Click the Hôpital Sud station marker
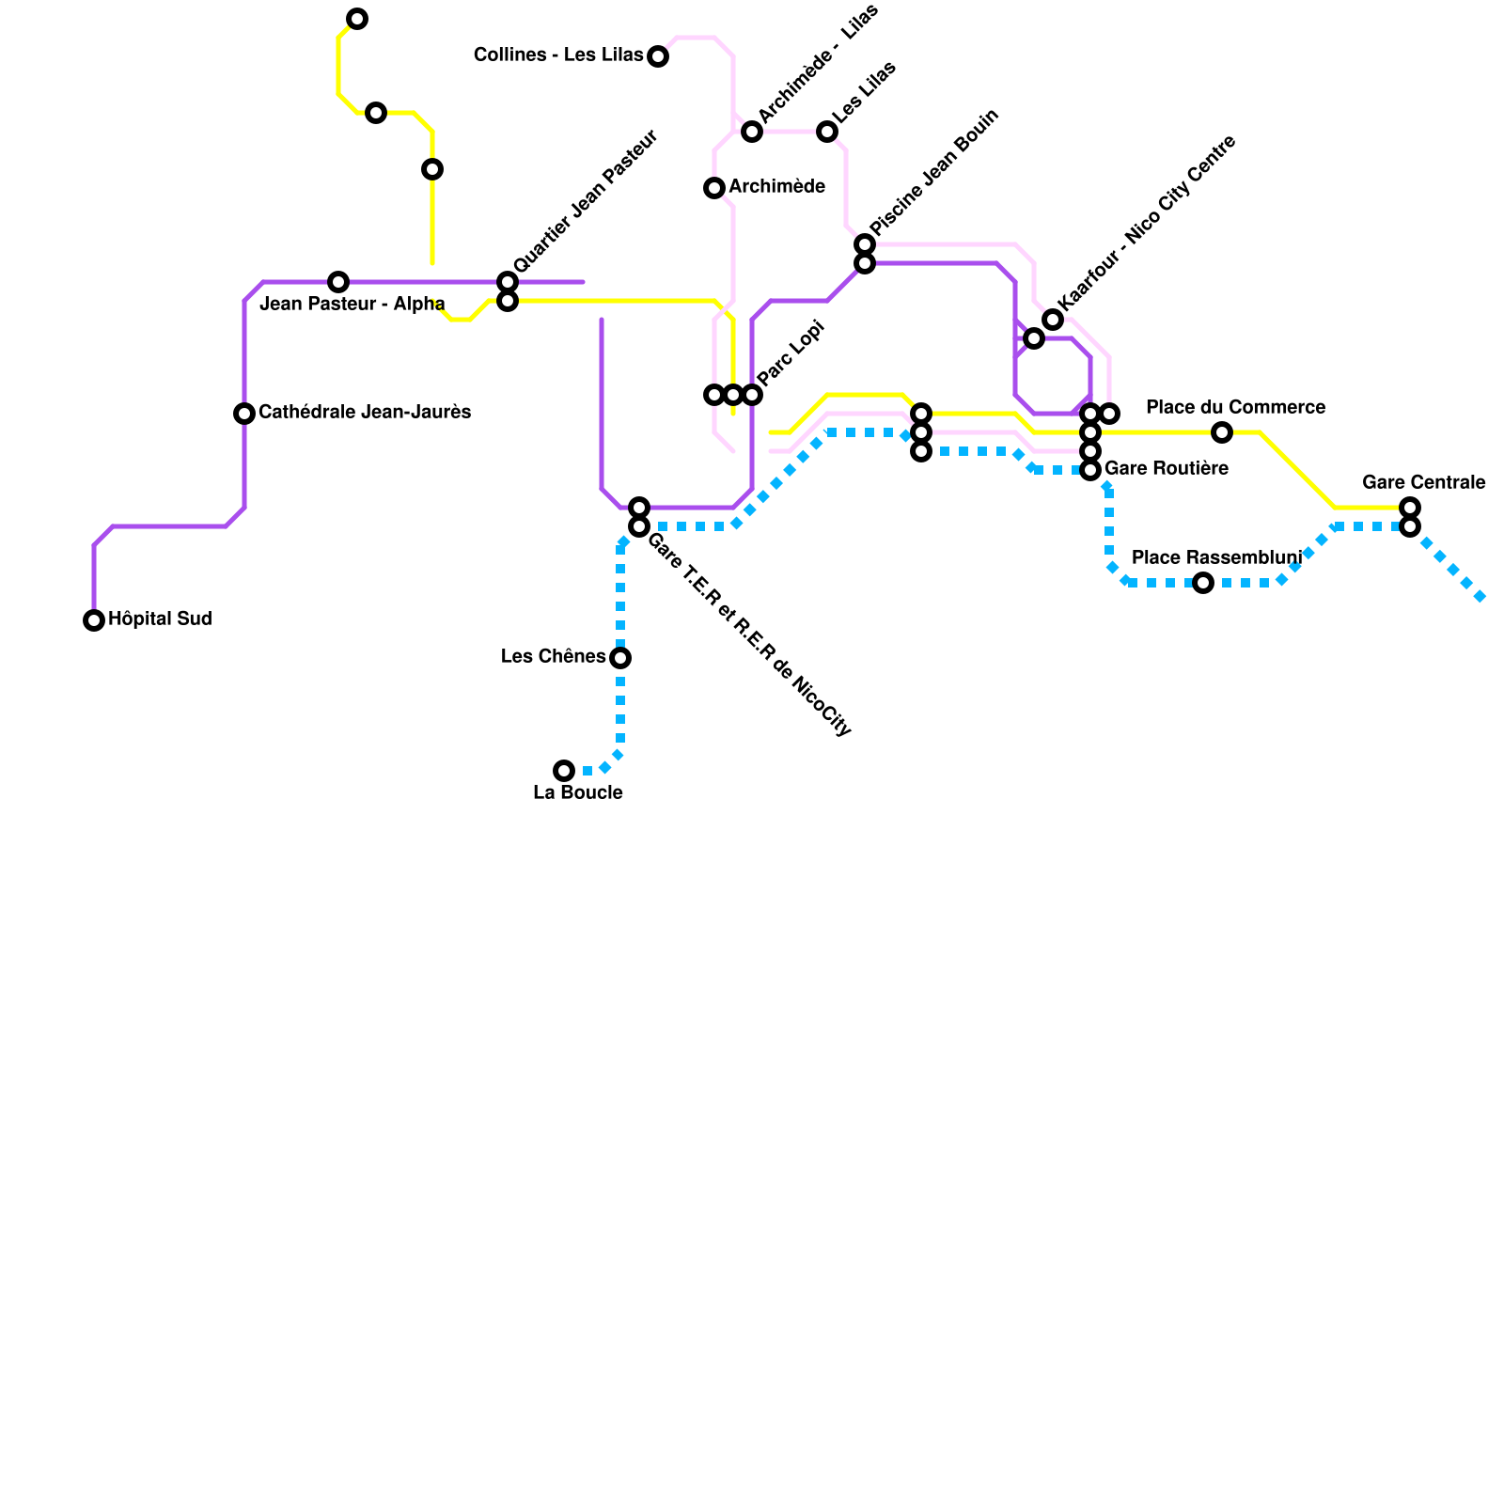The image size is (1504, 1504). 94,620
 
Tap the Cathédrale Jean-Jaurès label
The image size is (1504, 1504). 364,413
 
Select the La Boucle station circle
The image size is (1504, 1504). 564,771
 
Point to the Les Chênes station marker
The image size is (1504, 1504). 620,658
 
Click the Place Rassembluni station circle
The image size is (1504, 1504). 1203,583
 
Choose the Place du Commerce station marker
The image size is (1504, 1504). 1222,432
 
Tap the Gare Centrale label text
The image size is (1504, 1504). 1423,483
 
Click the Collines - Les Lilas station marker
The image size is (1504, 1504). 658,56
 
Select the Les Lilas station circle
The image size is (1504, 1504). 827,132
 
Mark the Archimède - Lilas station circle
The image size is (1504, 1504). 752,132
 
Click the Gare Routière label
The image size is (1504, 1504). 1166,468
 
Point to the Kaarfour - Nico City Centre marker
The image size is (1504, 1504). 1053,320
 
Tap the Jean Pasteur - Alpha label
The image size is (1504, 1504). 352,305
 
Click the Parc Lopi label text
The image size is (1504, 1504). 791,353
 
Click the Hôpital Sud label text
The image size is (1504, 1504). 160,619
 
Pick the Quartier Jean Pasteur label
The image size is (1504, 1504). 586,202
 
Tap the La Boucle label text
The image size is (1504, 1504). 577,793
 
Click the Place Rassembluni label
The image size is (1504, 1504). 1216,558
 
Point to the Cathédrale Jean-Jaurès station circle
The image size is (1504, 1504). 244,414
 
